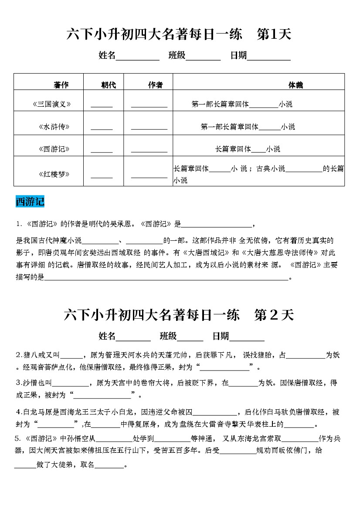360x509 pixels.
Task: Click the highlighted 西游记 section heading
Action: pos(30,202)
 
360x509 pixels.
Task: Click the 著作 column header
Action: pos(61,85)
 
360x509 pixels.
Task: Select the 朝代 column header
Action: pos(109,85)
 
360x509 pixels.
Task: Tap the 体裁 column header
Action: pos(295,85)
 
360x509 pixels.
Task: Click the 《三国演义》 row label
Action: pos(51,104)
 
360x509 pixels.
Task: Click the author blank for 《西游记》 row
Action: pos(149,151)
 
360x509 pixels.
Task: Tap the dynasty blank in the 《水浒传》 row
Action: pos(102,128)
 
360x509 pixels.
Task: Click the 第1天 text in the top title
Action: pos(274,34)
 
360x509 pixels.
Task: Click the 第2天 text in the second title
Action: pos(274,315)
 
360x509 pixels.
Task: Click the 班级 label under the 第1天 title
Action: pos(177,55)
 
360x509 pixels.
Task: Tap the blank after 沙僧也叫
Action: pos(70,385)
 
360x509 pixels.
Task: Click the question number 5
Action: pos(17,438)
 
